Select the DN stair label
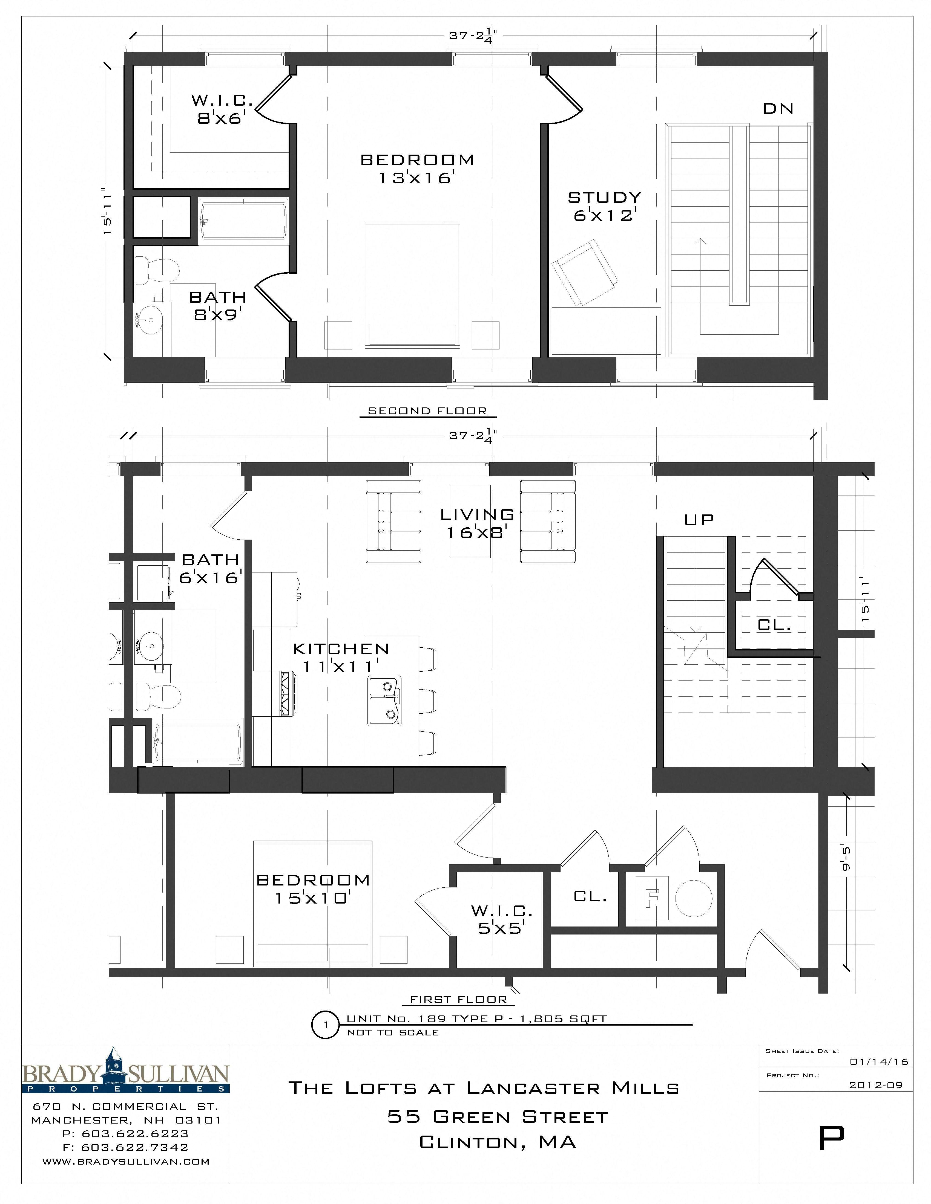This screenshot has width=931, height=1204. (x=778, y=109)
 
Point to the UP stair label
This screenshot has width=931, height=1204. (x=699, y=519)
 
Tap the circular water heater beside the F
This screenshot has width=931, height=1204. (x=693, y=898)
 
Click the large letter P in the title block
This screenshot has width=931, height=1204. (x=831, y=1138)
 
